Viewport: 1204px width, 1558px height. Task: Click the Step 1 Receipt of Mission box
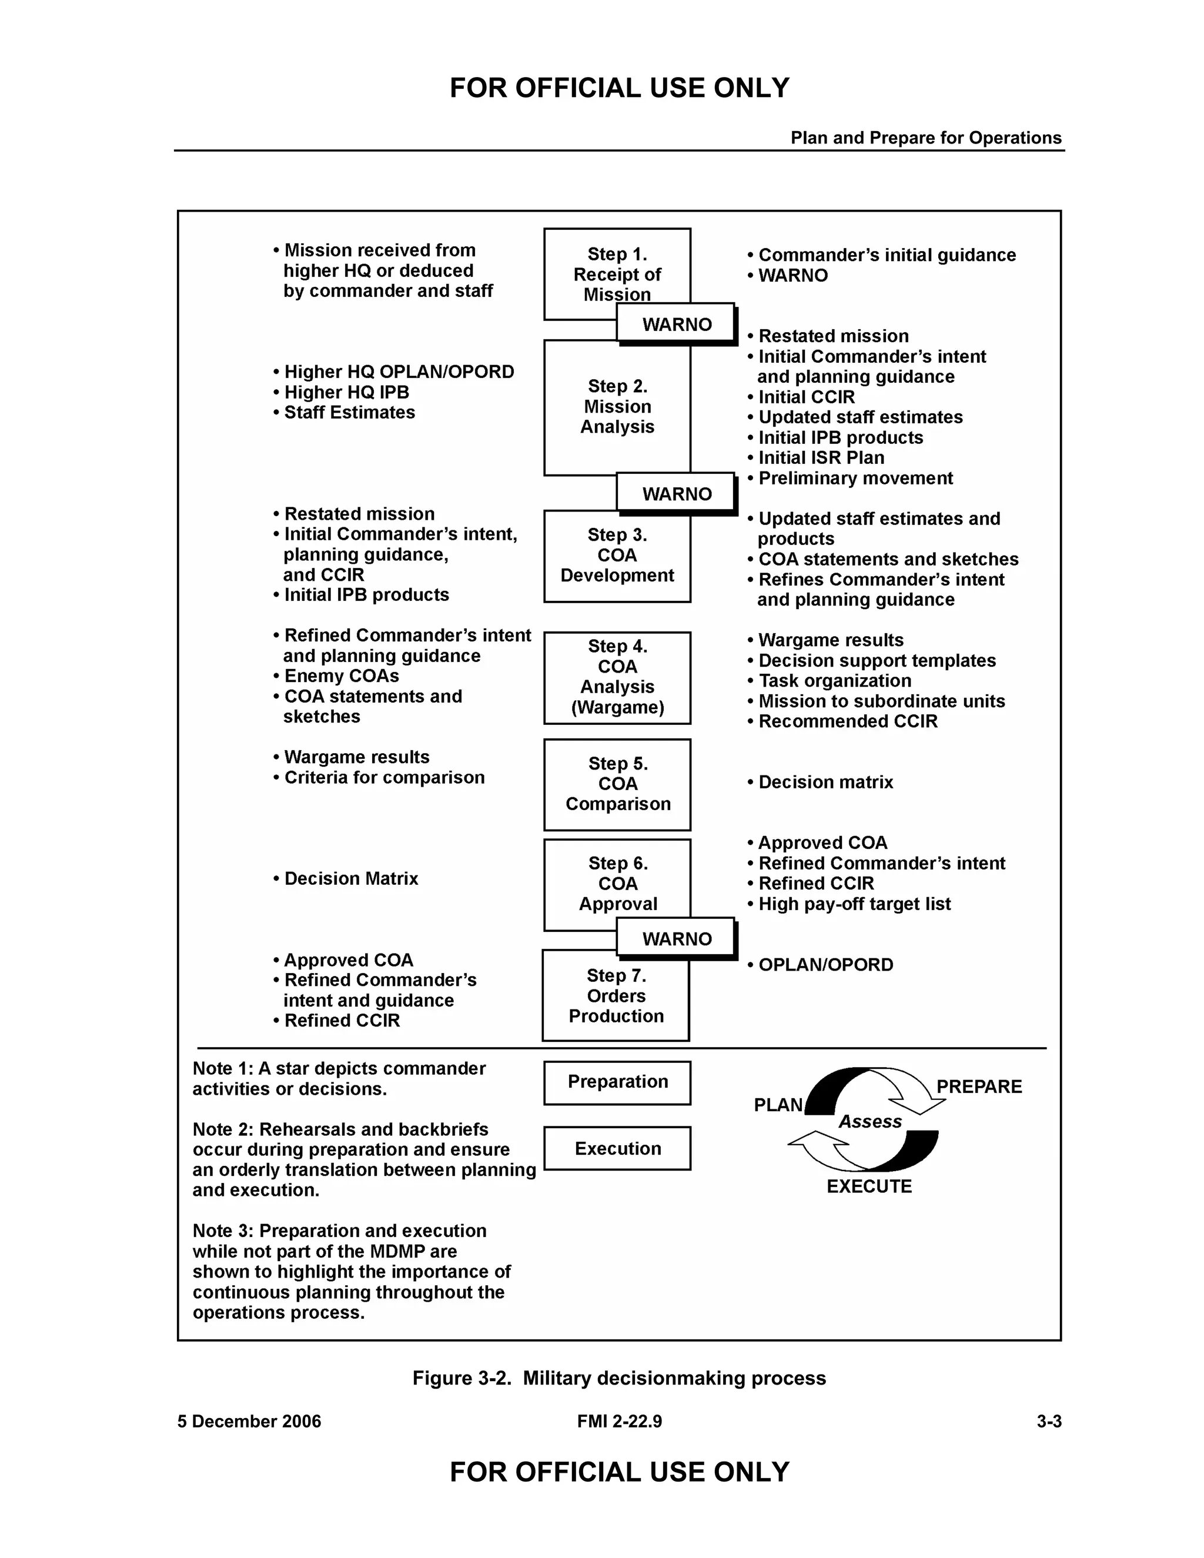pyautogui.click(x=616, y=268)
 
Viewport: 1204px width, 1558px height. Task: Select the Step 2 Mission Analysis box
pyautogui.click(x=616, y=407)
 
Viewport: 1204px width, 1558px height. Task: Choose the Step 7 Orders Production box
pyautogui.click(x=616, y=995)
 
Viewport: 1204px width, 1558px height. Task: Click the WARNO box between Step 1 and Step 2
pyautogui.click(x=676, y=324)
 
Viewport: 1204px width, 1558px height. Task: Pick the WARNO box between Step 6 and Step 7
pyautogui.click(x=676, y=938)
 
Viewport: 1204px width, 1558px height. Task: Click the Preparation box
pyautogui.click(x=617, y=1082)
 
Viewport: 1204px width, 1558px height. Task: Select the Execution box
pyautogui.click(x=617, y=1149)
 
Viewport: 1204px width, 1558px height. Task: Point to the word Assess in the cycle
pyautogui.click(x=869, y=1121)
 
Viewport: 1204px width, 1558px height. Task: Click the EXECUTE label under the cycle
pyautogui.click(x=869, y=1186)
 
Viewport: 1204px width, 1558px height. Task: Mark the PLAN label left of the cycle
pyautogui.click(x=777, y=1105)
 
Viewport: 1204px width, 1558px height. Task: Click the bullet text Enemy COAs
pyautogui.click(x=341, y=676)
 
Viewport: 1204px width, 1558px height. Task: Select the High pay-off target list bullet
pyautogui.click(x=854, y=904)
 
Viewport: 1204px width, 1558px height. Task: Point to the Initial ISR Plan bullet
pyautogui.click(x=820, y=458)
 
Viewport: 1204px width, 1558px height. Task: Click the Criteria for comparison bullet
pyautogui.click(x=384, y=778)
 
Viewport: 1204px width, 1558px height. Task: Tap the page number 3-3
pyautogui.click(x=1049, y=1422)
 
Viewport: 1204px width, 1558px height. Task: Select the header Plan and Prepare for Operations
pyautogui.click(x=925, y=138)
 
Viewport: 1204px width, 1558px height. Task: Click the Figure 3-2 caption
pyautogui.click(x=618, y=1378)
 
